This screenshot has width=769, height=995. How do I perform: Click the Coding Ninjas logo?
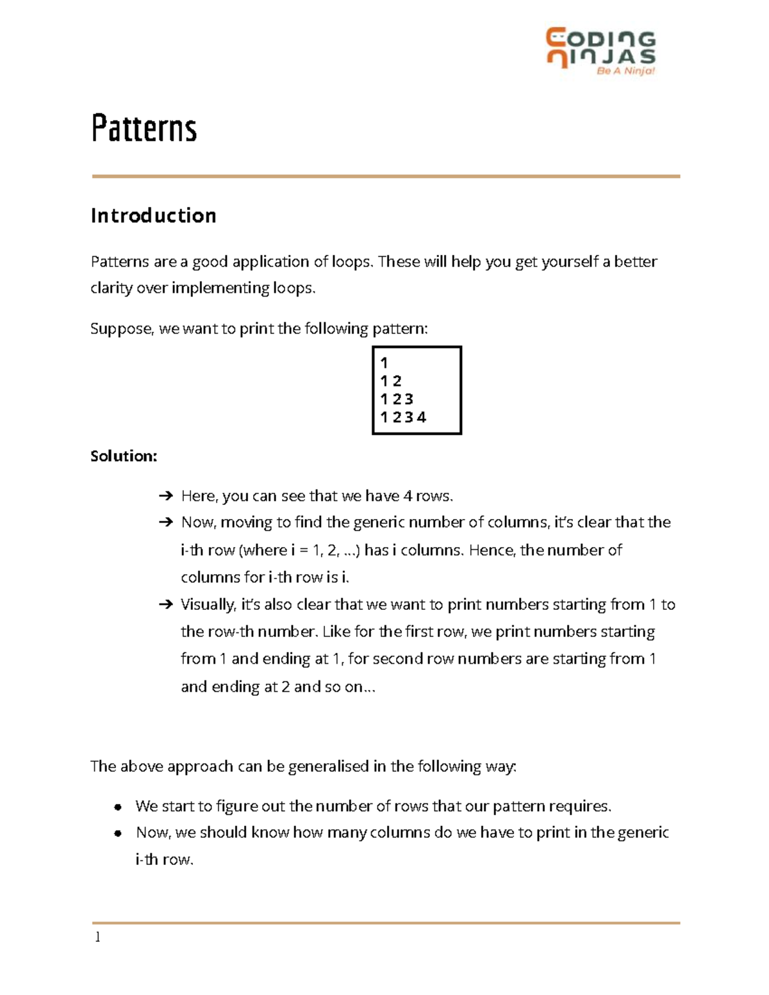600,48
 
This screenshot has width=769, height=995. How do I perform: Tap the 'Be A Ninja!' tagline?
625,71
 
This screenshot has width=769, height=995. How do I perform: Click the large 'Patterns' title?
144,128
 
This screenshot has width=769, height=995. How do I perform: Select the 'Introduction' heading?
153,215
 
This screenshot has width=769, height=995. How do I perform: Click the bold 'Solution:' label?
124,456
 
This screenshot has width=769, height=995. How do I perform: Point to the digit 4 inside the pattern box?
421,417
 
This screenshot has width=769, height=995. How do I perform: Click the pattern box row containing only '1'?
384,363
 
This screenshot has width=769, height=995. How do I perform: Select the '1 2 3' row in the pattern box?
397,399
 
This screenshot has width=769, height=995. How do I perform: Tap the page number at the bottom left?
97,937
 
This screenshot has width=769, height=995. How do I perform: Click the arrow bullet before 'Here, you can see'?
165,496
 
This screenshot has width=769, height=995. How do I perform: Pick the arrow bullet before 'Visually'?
165,604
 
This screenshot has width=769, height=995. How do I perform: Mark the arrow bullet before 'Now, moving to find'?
165,522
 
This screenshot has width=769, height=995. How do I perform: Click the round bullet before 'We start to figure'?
117,807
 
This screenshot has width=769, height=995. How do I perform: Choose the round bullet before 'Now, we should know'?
117,833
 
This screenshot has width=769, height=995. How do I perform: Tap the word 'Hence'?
492,550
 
